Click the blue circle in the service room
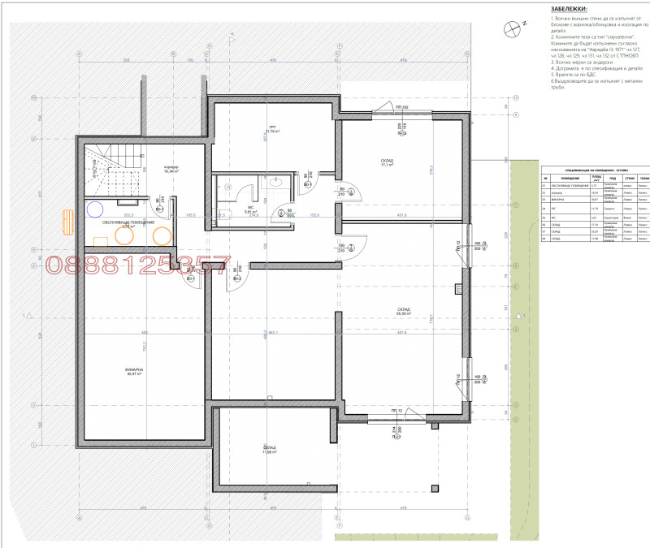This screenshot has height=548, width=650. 97,209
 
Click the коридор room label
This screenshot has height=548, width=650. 171,169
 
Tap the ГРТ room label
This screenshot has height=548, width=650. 273,130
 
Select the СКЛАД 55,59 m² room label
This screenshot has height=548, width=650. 404,311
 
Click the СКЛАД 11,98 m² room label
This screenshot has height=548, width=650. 270,450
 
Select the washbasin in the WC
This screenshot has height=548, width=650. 273,183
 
